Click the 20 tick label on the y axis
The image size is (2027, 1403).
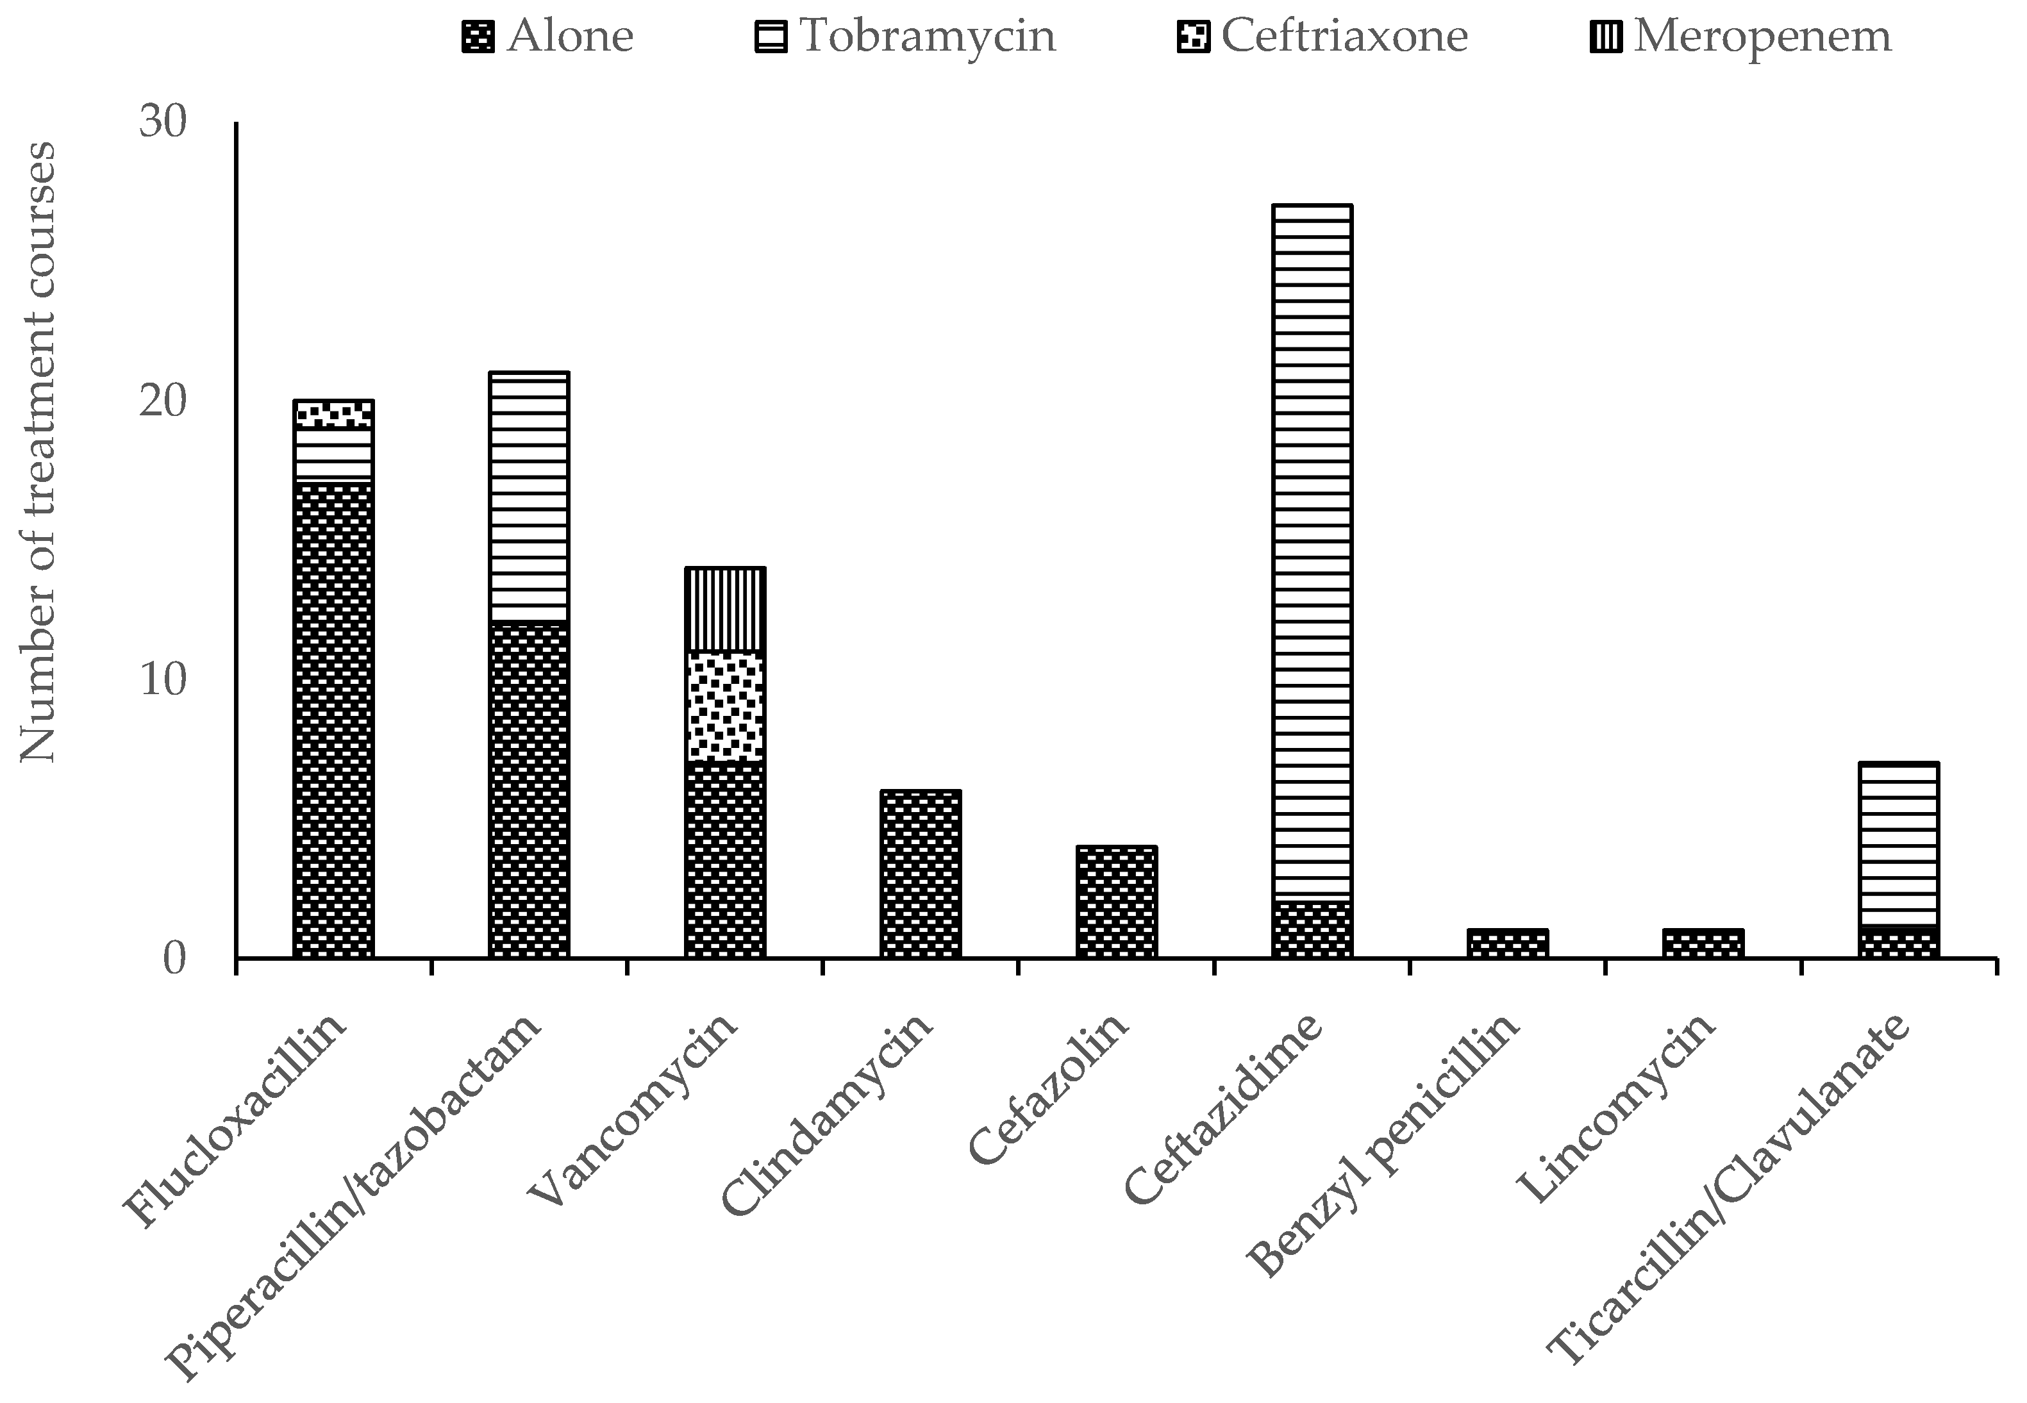163,401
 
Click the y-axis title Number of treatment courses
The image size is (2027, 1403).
37,452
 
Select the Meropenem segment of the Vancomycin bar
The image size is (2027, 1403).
724,609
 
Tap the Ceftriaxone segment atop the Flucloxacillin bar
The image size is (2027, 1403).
333,414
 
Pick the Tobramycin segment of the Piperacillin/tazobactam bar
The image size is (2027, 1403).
528,497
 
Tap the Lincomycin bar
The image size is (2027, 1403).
1703,943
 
